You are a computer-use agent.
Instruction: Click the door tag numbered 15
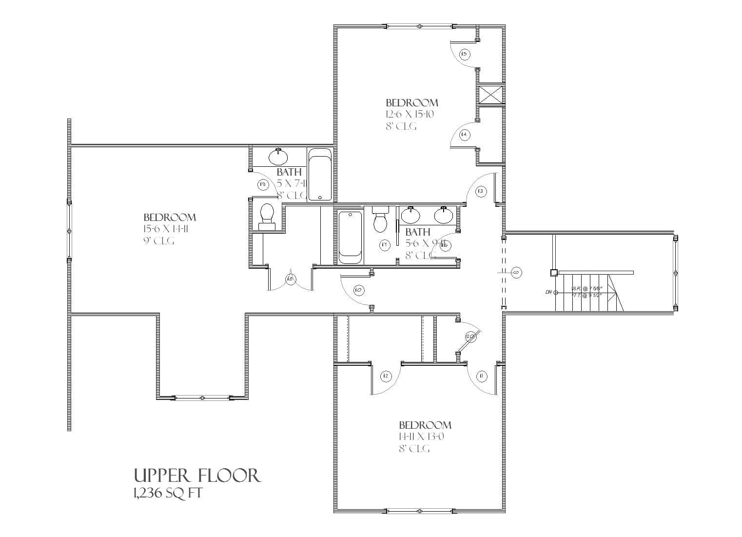(x=464, y=54)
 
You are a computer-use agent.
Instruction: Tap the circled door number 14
(x=464, y=134)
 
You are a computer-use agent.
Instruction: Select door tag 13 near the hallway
(x=481, y=191)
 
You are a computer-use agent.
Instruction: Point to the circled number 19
(x=263, y=184)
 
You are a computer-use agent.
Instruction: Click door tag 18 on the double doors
(x=291, y=279)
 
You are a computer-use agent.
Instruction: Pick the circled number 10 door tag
(x=358, y=290)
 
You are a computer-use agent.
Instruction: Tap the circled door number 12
(x=386, y=376)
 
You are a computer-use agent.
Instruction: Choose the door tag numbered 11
(x=481, y=376)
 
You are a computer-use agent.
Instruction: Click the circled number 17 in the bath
(x=385, y=245)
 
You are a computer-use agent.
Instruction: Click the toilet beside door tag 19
(x=267, y=217)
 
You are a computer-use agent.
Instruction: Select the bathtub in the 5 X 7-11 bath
(x=320, y=175)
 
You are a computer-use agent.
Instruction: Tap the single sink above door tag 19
(x=278, y=157)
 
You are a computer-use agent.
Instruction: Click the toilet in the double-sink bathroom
(x=380, y=220)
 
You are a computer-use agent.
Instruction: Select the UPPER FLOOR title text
(x=197, y=476)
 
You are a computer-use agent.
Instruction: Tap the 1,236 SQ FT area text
(x=167, y=493)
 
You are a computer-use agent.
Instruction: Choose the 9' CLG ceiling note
(x=158, y=241)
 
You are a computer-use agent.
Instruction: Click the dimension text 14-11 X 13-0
(x=421, y=437)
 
